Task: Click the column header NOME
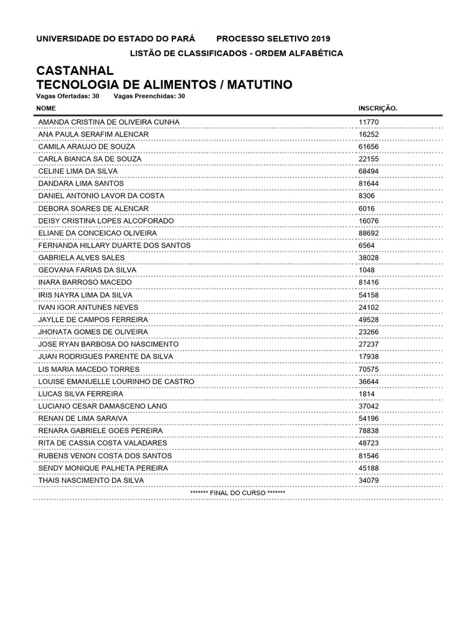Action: click(x=47, y=108)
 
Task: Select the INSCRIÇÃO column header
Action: click(x=378, y=108)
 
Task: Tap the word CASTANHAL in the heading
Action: click(x=75, y=71)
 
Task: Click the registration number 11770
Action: click(x=369, y=122)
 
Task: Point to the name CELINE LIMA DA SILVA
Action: click(x=78, y=171)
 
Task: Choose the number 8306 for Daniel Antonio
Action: click(x=366, y=196)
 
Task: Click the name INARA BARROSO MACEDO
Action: click(x=85, y=283)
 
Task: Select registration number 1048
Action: click(x=366, y=270)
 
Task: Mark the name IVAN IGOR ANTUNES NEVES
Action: click(x=88, y=307)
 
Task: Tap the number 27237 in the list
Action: click(x=369, y=345)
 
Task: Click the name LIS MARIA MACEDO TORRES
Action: click(x=89, y=369)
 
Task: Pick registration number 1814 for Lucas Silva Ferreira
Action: click(x=366, y=394)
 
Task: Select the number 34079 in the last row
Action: click(x=369, y=480)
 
